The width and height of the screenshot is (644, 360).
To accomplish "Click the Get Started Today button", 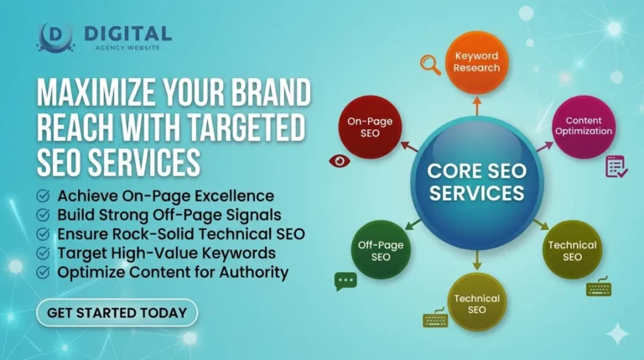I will (117, 313).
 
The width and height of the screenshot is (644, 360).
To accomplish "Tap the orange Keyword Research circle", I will (476, 61).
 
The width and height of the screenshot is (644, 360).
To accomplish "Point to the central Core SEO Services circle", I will (475, 180).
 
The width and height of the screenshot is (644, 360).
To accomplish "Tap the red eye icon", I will (340, 160).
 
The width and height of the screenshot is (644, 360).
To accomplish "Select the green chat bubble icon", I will (345, 281).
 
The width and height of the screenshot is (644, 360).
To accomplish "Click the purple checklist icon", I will (616, 166).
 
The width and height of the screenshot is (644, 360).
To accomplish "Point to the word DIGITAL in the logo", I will (127, 33).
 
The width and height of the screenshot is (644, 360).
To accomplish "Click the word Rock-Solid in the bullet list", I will (146, 234).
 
